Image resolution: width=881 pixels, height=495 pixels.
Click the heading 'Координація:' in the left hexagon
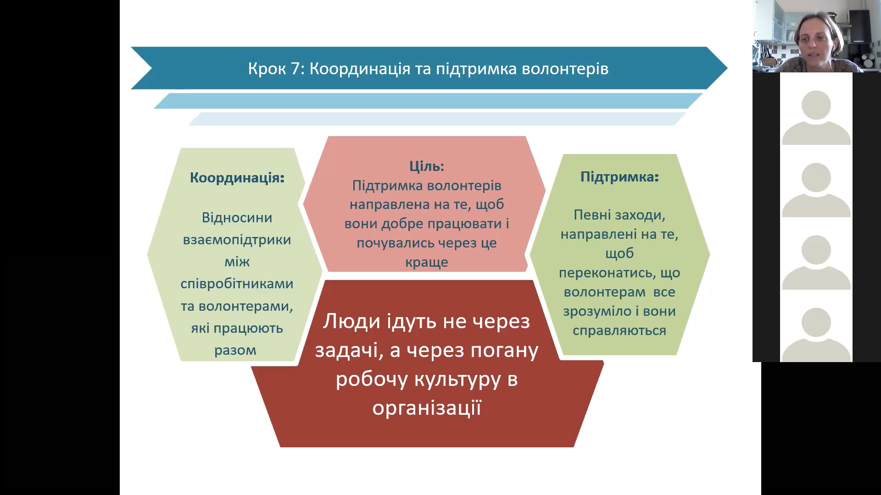tap(237, 178)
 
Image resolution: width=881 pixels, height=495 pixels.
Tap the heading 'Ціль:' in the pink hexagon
tap(427, 166)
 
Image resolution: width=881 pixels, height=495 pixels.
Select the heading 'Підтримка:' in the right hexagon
tap(619, 177)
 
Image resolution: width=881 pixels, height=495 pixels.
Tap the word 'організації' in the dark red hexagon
tap(427, 407)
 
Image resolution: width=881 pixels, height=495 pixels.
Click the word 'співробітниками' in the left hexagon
tap(237, 284)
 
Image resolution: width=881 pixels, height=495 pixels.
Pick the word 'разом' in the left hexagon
tap(235, 351)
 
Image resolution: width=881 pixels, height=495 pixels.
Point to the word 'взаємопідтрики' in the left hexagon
tap(237, 240)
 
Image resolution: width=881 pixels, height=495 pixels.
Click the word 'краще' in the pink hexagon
tap(427, 263)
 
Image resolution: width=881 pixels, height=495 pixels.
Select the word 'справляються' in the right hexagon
tap(619, 331)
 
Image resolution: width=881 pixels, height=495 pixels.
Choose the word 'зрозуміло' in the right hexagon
tap(597, 312)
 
